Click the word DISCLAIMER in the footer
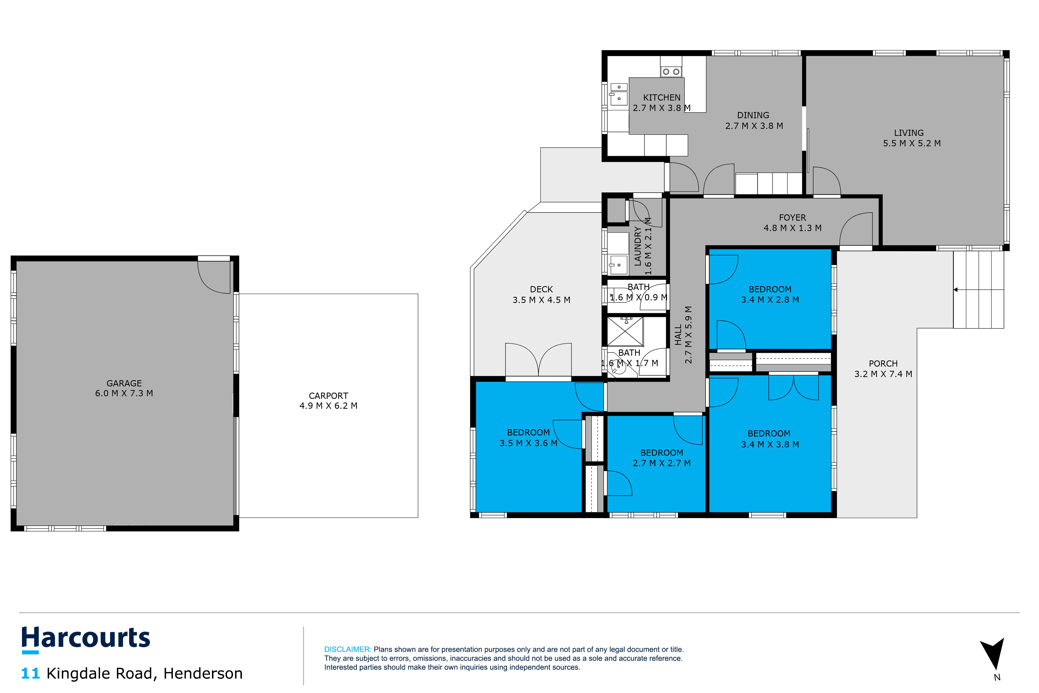pos(348,649)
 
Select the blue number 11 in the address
pos(31,674)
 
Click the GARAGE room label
pos(124,383)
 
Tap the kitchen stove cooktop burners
pos(671,71)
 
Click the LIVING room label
pos(909,133)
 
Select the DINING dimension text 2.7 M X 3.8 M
pos(754,126)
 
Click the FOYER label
pos(793,217)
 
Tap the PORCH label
pos(883,364)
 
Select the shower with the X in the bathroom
pos(625,331)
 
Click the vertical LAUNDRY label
pos(637,246)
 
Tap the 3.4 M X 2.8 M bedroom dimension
pos(770,300)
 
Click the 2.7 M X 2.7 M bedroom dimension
pos(661,463)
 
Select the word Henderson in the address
pos(203,674)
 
